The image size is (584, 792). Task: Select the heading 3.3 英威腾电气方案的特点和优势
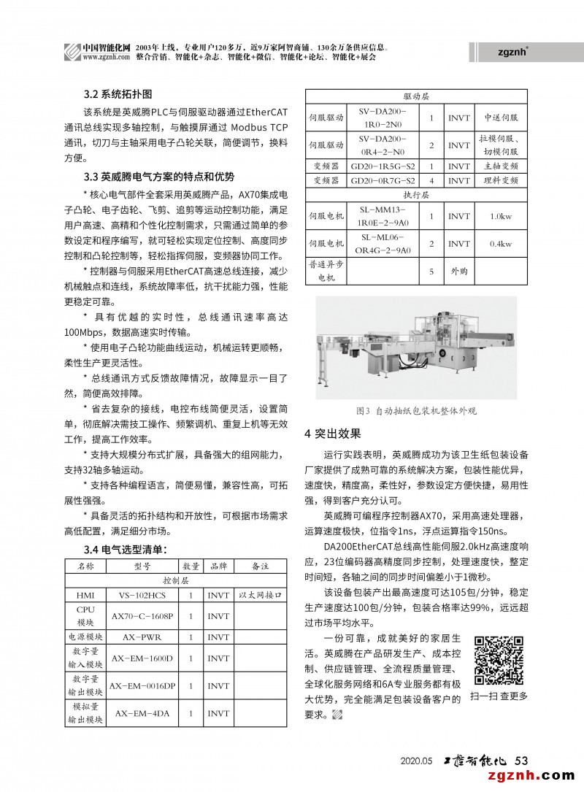pos(159,177)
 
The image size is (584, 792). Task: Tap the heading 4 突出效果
pos(332,434)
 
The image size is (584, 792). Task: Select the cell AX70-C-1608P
pos(142,616)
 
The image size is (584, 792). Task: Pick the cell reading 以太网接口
pos(260,595)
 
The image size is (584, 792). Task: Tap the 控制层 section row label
pos(175,580)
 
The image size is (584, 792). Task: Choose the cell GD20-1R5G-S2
pos(383,166)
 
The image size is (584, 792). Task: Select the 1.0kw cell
pos(501,216)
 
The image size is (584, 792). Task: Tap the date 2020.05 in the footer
pos(417,761)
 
